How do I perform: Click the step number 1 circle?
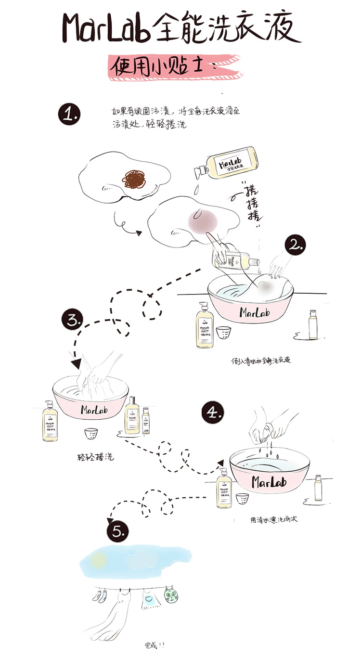[x=69, y=114]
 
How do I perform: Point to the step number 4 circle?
[x=213, y=413]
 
